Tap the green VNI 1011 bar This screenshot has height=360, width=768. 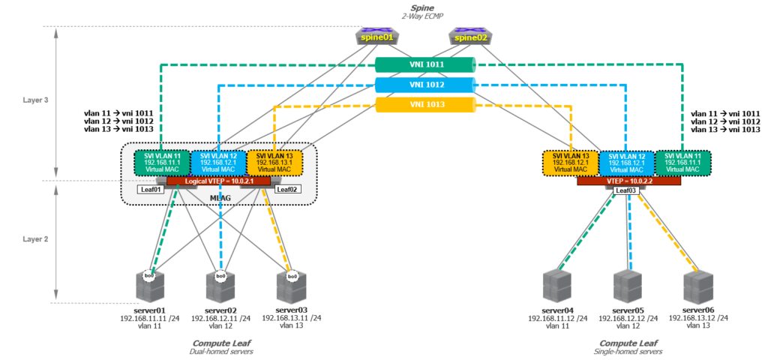coord(426,65)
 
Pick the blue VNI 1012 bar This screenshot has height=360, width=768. coord(426,85)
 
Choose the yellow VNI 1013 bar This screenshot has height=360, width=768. coord(426,105)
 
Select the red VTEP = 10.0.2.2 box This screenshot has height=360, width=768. coord(628,181)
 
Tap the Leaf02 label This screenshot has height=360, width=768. coord(286,190)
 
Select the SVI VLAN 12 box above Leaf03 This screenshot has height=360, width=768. coord(626,163)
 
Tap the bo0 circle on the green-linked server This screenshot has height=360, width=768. coord(151,277)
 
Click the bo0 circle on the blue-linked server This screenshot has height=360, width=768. coord(220,277)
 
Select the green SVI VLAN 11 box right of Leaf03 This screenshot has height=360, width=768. coord(682,163)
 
